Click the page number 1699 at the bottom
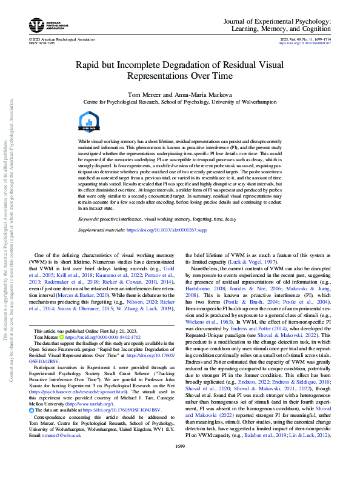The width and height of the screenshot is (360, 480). coord(179,464)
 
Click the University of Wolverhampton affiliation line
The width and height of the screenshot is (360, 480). coord(179,103)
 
